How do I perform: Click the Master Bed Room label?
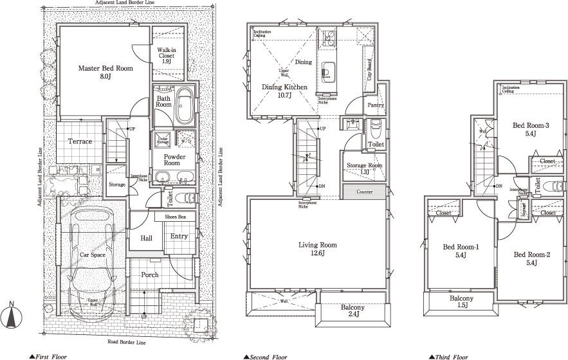105,71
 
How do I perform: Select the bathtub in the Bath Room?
185,107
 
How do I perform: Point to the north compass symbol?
12,316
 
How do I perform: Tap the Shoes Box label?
175,218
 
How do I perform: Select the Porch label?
149,275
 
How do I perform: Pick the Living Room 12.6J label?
318,249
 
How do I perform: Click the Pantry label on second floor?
376,105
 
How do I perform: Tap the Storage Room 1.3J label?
365,168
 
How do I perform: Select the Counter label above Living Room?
365,192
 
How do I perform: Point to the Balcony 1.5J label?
461,303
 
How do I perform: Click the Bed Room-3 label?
531,129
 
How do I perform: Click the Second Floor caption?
266,355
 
